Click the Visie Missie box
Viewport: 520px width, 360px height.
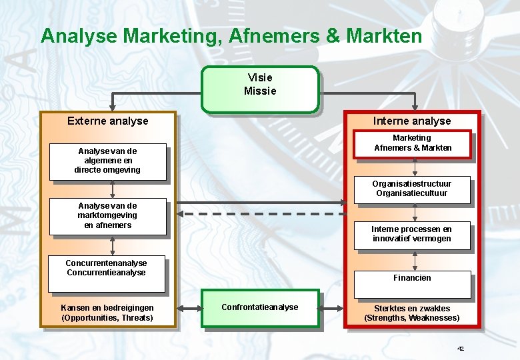[260, 89]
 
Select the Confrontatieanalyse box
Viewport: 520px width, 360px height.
[261, 309]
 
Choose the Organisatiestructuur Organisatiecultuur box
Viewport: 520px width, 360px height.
[411, 190]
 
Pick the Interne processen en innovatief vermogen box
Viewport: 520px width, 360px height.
[411, 235]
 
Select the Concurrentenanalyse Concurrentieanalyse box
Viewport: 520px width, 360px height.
[107, 274]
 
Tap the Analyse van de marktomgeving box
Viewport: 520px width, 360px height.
[107, 217]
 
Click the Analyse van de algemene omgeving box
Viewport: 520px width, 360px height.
[107, 162]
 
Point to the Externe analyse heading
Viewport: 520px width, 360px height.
[108, 121]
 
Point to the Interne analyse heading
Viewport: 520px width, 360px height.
[412, 121]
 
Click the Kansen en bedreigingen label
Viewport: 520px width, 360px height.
[107, 313]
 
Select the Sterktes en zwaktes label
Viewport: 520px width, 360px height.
[412, 313]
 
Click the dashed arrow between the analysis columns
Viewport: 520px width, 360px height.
[260, 214]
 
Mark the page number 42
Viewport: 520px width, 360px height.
[460, 349]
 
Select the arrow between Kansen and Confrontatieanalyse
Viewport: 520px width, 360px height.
[189, 309]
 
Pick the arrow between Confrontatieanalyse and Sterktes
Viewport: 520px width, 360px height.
[332, 309]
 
